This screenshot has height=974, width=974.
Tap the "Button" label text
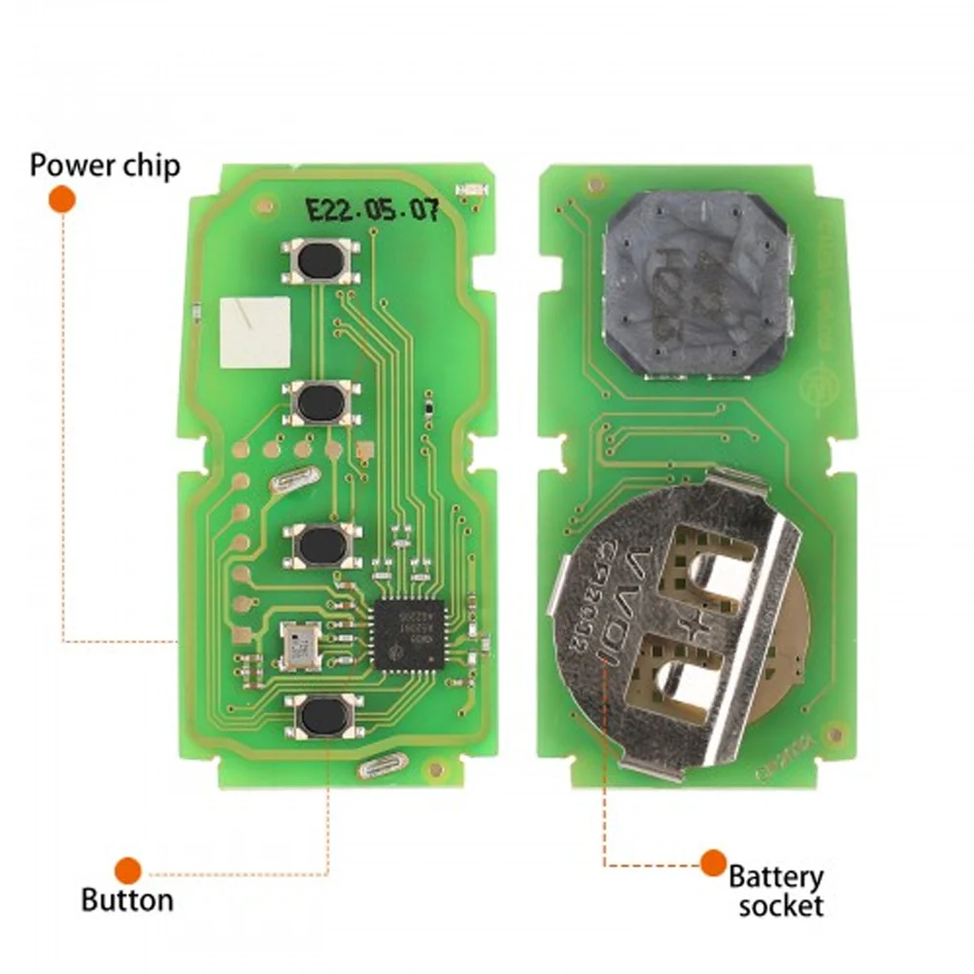click(127, 899)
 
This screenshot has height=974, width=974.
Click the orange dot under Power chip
click(62, 200)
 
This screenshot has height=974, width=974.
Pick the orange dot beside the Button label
click(128, 870)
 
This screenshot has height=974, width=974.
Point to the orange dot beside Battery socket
click(713, 862)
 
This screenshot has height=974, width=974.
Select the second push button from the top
click(318, 401)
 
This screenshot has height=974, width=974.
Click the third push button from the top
click(318, 545)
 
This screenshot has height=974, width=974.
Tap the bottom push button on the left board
click(318, 717)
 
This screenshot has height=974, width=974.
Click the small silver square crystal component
click(296, 645)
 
